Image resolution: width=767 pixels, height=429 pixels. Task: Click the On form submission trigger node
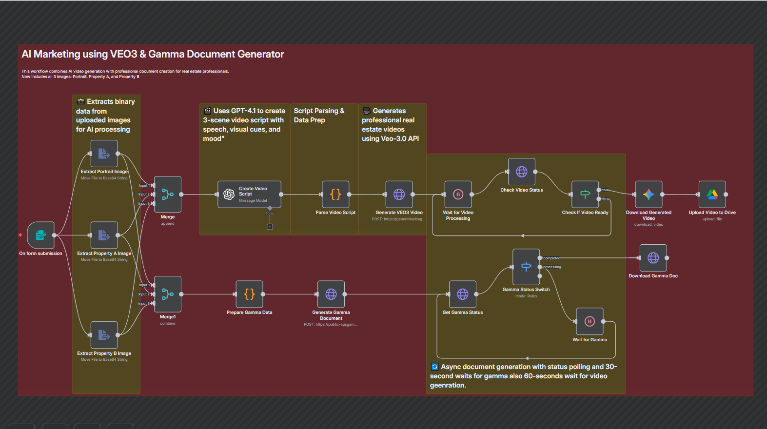[40, 235]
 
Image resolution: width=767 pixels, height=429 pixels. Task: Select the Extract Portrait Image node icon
[104, 154]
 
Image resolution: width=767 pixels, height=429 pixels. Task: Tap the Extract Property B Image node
[104, 335]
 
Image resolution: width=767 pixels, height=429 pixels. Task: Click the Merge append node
[168, 194]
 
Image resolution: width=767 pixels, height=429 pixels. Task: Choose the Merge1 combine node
[168, 294]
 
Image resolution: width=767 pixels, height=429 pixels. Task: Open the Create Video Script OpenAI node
[249, 194]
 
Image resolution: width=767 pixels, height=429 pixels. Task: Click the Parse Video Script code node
[335, 194]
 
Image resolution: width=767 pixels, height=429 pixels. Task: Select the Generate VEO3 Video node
[399, 194]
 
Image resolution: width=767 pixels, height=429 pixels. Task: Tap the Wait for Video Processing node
[458, 194]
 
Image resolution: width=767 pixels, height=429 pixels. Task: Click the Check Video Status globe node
[521, 172]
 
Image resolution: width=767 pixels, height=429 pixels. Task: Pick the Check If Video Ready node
[585, 194]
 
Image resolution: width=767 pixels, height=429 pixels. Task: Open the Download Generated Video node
[649, 194]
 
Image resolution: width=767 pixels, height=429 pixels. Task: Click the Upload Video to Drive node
[712, 194]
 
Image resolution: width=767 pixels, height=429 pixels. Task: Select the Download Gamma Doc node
[653, 258]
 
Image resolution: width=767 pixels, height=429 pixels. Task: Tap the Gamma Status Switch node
[526, 267]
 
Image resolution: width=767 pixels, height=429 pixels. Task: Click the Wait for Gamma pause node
[590, 321]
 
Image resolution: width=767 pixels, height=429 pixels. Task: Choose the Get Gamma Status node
[462, 294]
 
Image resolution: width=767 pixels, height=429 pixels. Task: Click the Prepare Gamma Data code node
[249, 294]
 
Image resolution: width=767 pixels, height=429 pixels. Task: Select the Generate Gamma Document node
[331, 294]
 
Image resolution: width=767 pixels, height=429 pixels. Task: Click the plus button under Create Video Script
[270, 227]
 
